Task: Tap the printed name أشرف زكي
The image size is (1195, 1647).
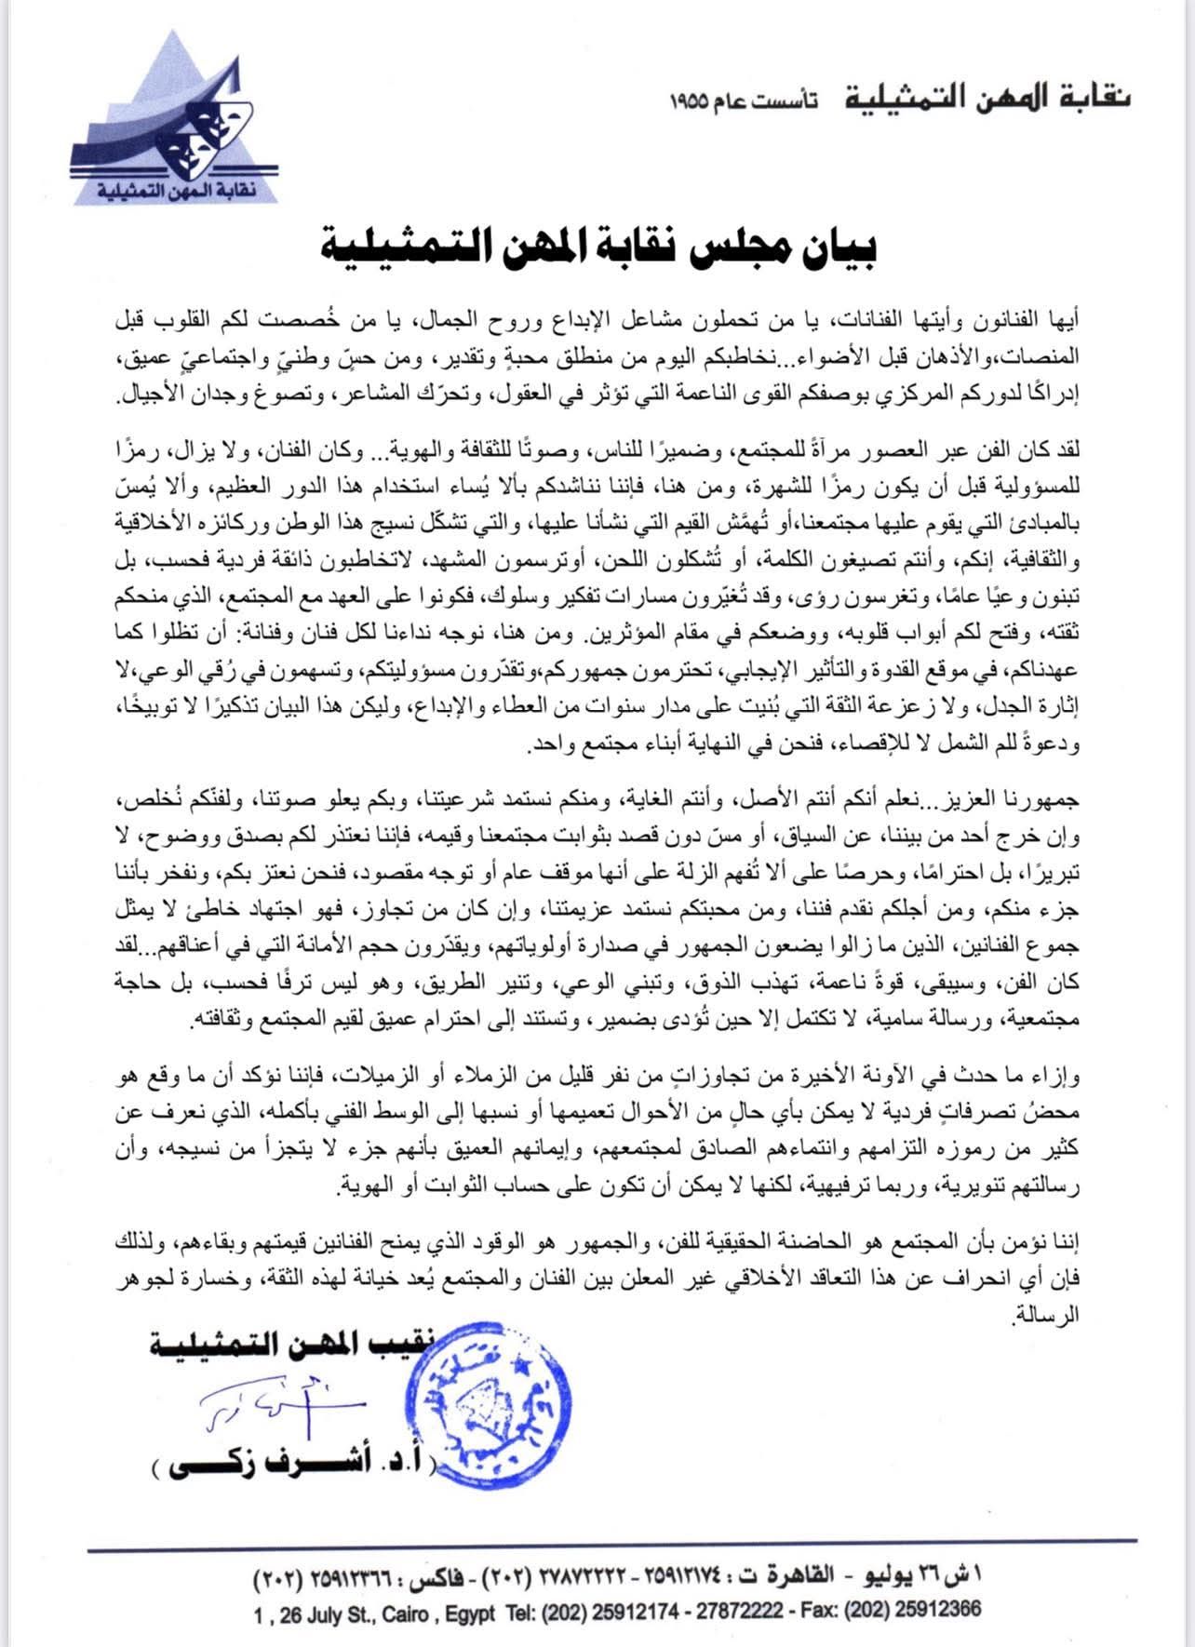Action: pos(279,1466)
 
